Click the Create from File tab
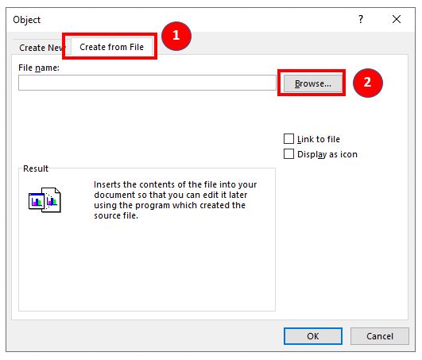111,47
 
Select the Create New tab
41,48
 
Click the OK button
313,336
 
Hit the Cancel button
380,336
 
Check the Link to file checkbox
288,139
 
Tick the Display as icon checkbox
288,154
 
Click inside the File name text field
147,83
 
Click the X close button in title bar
397,19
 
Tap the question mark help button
361,19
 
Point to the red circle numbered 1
176,36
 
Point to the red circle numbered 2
368,83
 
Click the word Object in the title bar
27,20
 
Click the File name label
39,68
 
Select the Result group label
36,168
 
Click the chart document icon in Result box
45,200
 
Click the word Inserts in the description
107,184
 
